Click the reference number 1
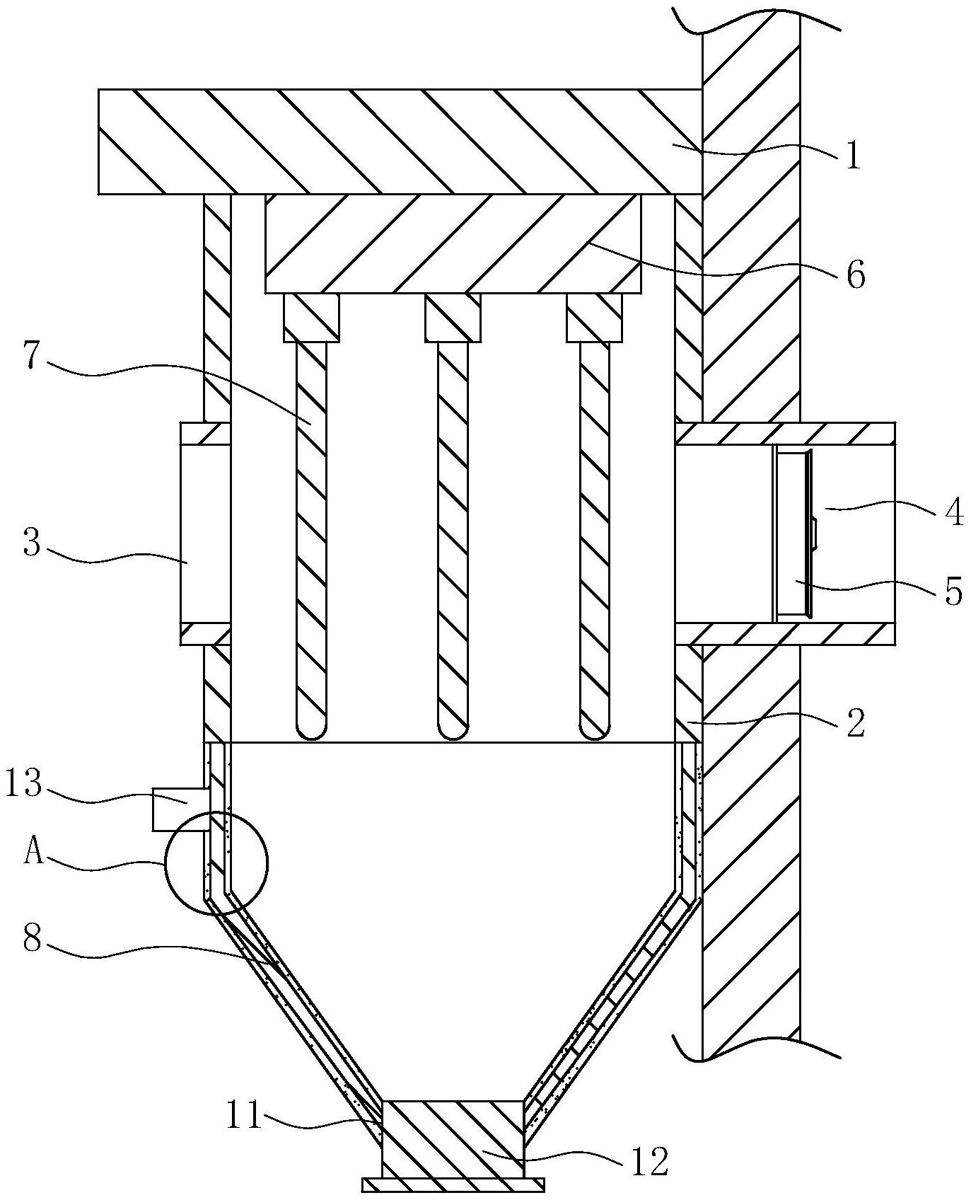(x=854, y=156)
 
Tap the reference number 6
(x=855, y=275)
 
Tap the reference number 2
(x=855, y=723)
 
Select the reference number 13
(x=24, y=785)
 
